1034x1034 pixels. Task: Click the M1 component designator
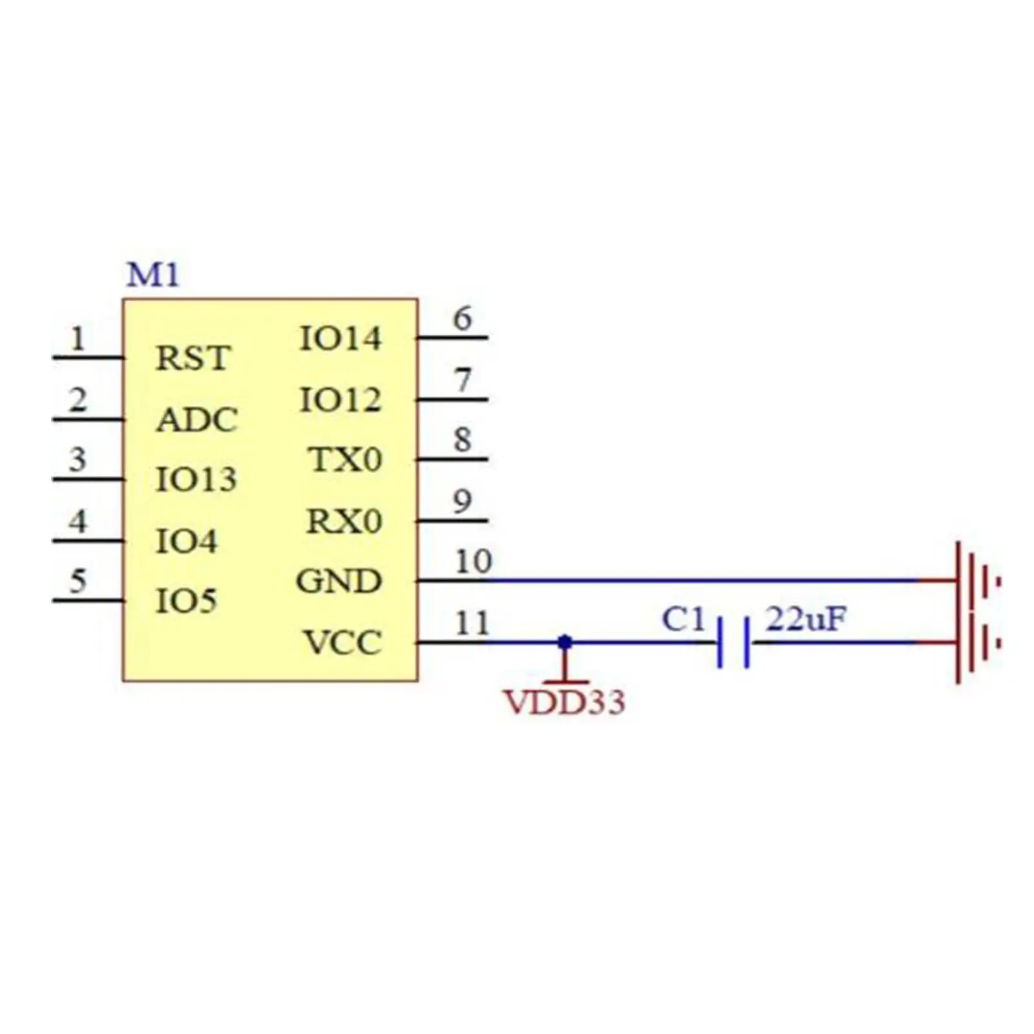click(x=153, y=275)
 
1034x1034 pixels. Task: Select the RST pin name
click(x=193, y=359)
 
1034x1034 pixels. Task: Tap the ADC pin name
click(x=197, y=420)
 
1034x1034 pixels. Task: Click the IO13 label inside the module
click(x=196, y=480)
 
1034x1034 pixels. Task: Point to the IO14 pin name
click(x=341, y=339)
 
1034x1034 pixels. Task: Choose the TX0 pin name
click(x=346, y=460)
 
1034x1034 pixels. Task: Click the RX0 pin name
click(x=344, y=522)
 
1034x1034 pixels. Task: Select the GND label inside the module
click(x=339, y=582)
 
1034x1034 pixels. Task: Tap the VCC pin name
click(x=343, y=643)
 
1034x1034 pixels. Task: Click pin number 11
click(x=472, y=624)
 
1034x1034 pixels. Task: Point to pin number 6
click(x=462, y=319)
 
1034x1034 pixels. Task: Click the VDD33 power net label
click(x=564, y=702)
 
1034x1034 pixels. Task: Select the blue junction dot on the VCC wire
click(x=565, y=642)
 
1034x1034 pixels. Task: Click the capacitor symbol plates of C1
click(x=733, y=642)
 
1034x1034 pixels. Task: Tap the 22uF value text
click(x=805, y=619)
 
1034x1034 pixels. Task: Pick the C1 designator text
click(x=683, y=620)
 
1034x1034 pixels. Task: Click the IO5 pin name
click(x=186, y=601)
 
